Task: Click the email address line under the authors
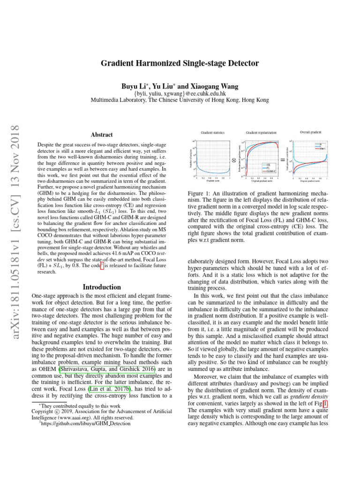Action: tap(180, 93)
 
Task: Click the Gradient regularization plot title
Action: tap(261, 133)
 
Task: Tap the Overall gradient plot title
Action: tap(309, 132)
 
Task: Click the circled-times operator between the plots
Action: tap(234, 159)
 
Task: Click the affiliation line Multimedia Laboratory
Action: tap(180, 100)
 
